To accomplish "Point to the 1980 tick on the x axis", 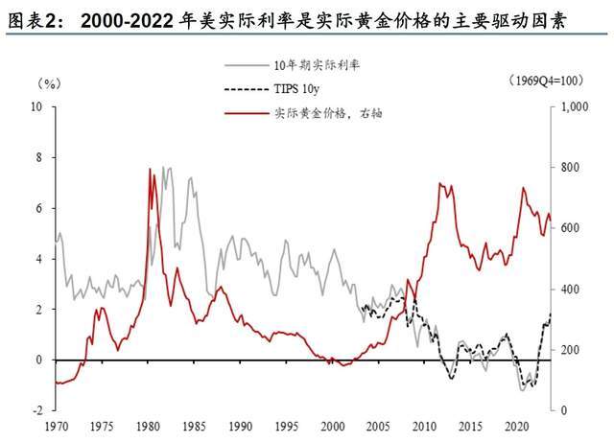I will (148, 425).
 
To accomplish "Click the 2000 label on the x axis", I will (333, 425).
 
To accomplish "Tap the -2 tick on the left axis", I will (36, 410).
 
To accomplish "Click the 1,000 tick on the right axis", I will (574, 106).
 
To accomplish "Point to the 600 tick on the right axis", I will (569, 228).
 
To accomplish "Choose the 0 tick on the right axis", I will (563, 410).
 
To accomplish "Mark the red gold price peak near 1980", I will (150, 170).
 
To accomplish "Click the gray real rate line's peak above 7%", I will (167, 168).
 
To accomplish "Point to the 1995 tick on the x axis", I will (287, 425).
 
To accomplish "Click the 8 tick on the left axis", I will (39, 157).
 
